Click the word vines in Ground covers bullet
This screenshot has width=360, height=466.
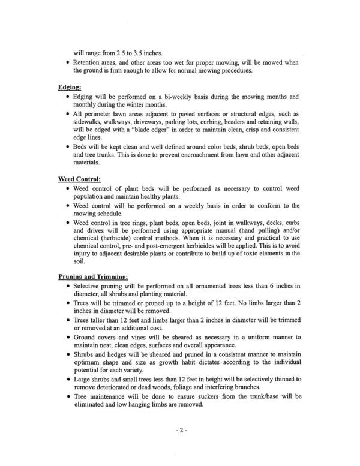[139, 338]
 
